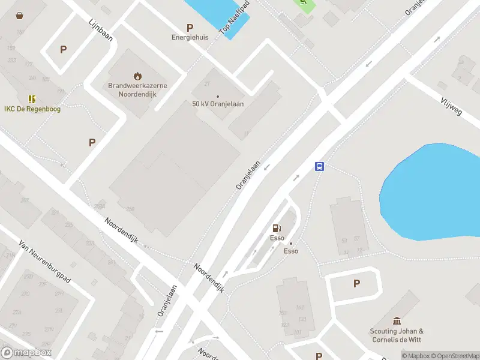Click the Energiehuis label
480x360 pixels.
click(190, 37)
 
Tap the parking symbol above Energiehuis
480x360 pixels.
click(190, 27)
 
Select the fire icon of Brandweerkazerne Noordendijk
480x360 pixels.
click(138, 76)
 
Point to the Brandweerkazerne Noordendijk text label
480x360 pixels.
click(137, 89)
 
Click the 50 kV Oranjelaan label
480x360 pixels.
click(218, 104)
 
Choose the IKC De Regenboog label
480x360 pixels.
click(32, 109)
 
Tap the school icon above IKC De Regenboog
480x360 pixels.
click(32, 99)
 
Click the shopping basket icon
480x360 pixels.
click(20, 16)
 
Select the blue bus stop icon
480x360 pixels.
click(320, 167)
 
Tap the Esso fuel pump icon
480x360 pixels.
click(277, 228)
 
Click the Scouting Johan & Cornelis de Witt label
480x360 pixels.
click(397, 335)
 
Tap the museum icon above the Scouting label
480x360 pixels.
click(397, 321)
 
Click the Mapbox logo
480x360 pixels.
click(26, 353)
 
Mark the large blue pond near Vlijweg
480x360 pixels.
click(432, 189)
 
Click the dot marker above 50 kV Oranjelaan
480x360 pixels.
click(218, 96)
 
